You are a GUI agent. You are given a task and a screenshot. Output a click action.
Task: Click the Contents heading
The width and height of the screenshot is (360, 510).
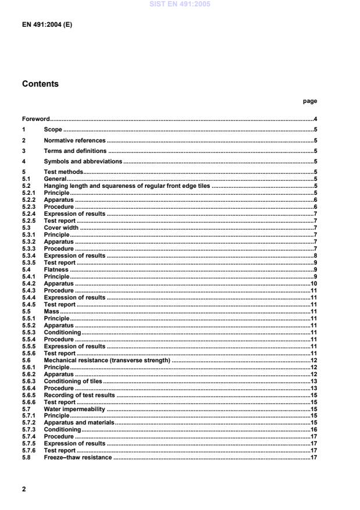[x=40, y=84]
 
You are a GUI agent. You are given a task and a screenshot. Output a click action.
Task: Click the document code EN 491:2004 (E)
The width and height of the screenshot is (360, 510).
[x=47, y=26]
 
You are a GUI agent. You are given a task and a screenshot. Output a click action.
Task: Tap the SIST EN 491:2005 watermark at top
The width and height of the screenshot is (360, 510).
[x=180, y=4]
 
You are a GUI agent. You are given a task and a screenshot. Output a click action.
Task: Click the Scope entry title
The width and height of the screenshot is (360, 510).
[x=53, y=130]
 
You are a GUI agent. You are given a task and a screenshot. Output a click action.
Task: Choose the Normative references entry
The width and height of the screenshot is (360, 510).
[x=74, y=140]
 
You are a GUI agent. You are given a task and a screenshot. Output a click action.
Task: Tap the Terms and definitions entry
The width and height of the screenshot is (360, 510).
[x=75, y=151]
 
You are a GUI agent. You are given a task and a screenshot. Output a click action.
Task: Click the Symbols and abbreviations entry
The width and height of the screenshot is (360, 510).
[x=83, y=161]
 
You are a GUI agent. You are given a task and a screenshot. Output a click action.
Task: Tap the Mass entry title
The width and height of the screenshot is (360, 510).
[x=51, y=311]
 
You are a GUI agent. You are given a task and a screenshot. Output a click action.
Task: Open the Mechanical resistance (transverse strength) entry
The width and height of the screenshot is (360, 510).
[x=107, y=360]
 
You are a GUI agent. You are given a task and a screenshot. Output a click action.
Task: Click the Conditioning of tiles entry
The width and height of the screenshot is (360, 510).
[x=73, y=381]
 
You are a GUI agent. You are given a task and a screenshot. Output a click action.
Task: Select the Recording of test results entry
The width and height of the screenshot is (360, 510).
[x=79, y=395]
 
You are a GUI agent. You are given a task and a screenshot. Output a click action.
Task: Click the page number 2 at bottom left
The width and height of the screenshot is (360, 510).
[x=24, y=489]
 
